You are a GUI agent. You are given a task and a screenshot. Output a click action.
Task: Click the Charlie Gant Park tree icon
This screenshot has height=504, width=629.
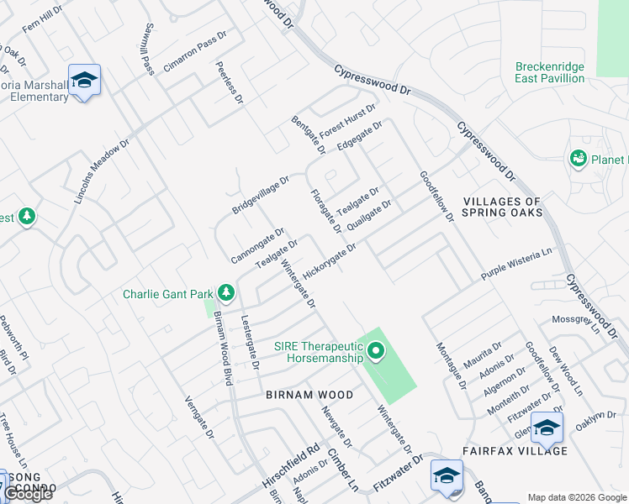point(225,293)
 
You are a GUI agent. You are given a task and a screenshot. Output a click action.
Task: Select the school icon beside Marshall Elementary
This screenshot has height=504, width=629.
point(84,80)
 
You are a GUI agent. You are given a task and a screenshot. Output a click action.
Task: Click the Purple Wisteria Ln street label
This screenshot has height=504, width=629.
point(516,264)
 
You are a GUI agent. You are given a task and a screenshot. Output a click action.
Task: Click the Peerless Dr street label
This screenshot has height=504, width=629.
point(229,82)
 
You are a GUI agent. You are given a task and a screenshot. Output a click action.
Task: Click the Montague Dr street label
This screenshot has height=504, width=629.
point(450,366)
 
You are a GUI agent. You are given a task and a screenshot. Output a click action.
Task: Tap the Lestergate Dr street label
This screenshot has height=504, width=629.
point(249,343)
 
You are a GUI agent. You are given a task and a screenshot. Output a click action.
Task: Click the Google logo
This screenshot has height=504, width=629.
point(28,494)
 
